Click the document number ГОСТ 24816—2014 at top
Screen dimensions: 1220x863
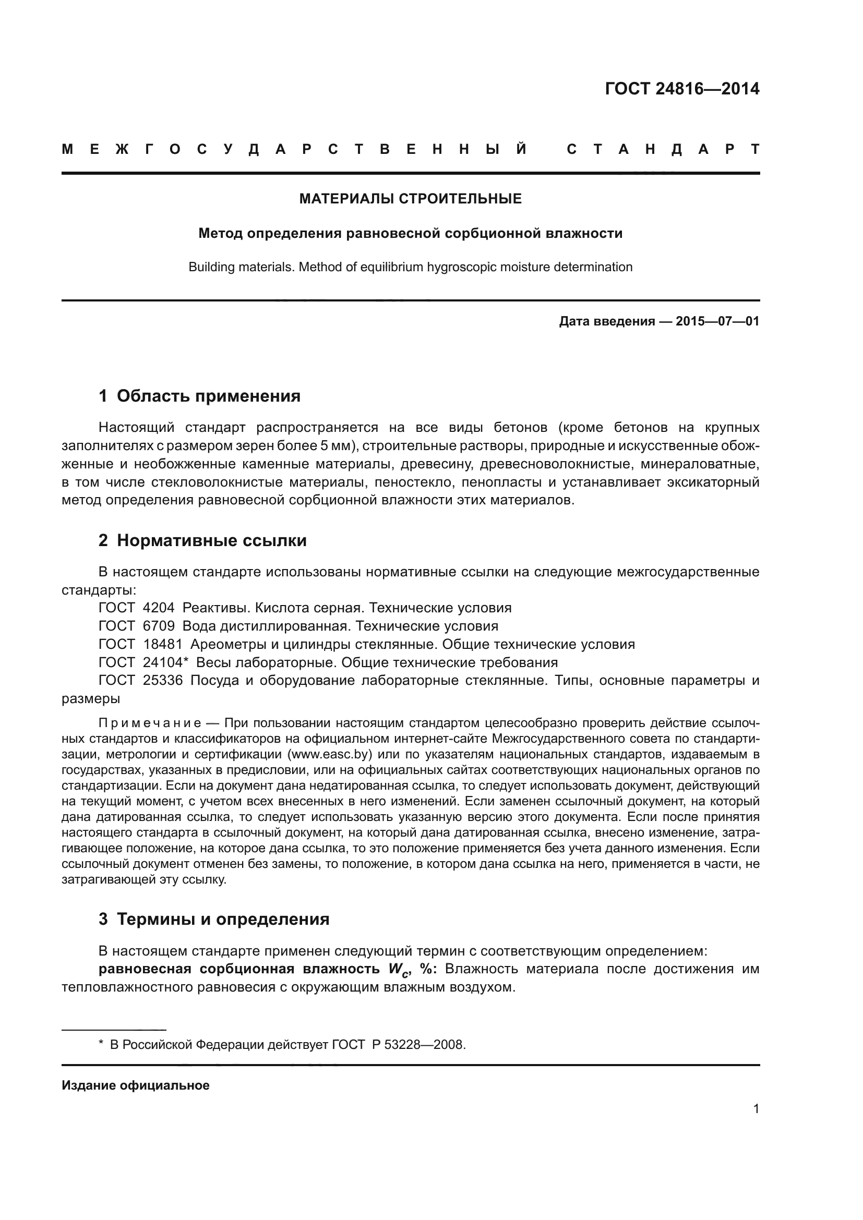coord(682,88)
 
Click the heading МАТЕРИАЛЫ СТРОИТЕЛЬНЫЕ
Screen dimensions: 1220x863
coord(410,199)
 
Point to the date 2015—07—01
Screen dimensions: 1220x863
coord(717,321)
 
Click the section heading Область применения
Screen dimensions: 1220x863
coord(208,396)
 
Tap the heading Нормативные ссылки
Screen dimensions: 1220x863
coord(211,540)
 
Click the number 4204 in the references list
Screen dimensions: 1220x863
coord(159,608)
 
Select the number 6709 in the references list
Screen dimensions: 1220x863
coord(159,626)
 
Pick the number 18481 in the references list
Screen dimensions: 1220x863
coord(162,644)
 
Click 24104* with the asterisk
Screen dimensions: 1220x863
coord(165,662)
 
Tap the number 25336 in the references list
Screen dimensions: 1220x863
coord(162,680)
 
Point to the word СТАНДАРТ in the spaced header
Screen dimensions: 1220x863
coord(663,149)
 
